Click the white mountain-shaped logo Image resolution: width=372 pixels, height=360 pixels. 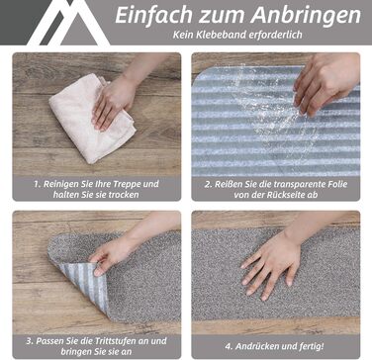pyautogui.click(x=68, y=23)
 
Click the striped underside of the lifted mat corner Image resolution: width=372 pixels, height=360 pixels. pyautogui.click(x=86, y=281)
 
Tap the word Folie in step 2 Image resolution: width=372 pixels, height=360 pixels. pyautogui.click(x=336, y=184)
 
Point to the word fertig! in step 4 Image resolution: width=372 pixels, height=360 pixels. pyautogui.click(x=312, y=346)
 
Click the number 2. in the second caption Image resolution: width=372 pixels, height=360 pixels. pyautogui.click(x=209, y=184)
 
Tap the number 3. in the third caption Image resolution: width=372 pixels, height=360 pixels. pyautogui.click(x=30, y=341)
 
